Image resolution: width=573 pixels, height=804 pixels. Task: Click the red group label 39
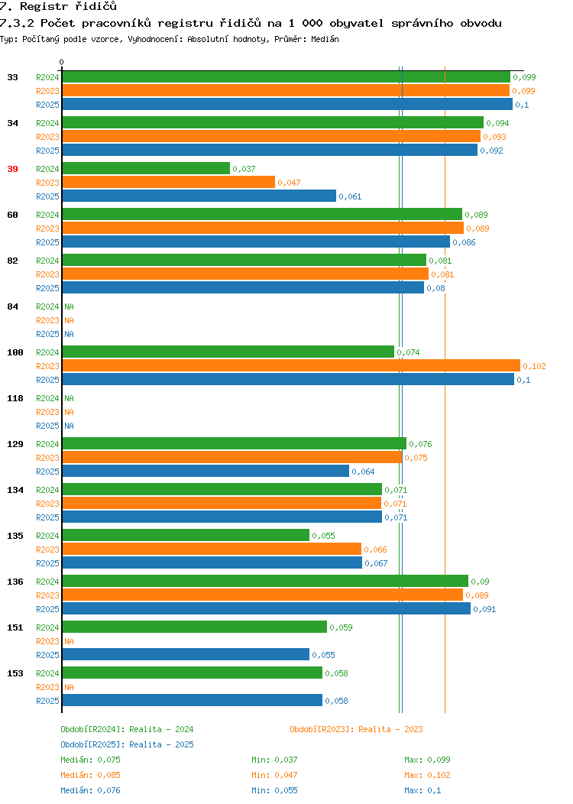12,169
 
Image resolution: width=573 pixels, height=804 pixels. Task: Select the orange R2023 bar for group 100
291,365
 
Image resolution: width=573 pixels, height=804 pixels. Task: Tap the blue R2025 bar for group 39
199,196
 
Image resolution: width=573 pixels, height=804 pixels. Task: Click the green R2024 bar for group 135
186,535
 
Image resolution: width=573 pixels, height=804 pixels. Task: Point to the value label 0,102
534,366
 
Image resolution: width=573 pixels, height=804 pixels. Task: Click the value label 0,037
244,169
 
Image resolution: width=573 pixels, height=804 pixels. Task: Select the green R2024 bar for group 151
195,627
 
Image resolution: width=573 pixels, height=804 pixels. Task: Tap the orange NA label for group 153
70,687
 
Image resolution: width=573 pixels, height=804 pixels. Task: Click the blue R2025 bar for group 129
206,472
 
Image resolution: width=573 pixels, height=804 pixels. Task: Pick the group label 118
15,398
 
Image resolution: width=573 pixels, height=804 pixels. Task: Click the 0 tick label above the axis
62,62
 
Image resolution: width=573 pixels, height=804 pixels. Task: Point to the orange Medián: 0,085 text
91,775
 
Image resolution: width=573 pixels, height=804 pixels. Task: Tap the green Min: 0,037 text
274,760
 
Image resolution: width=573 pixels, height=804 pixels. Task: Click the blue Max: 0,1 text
422,791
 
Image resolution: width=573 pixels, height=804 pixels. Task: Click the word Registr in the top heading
44,7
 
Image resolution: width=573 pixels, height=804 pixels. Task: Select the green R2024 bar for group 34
273,122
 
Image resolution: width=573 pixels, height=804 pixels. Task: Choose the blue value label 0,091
484,609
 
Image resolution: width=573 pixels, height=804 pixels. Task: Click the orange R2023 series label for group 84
47,320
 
